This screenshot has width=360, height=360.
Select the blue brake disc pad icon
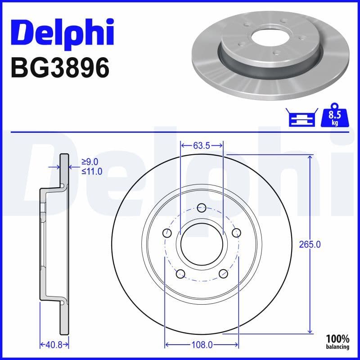coord(302,118)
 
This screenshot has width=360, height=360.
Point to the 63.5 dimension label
coord(202,146)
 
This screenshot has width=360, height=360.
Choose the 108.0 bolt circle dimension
coord(202,345)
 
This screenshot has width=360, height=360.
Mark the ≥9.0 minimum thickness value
coord(90,162)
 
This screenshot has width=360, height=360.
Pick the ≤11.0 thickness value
coord(91,171)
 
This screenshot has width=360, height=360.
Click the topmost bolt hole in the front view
coord(202,207)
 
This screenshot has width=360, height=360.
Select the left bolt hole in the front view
coord(167,233)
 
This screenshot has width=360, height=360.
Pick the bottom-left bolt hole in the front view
coord(180,273)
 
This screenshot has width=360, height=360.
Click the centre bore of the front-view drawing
coord(202,243)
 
